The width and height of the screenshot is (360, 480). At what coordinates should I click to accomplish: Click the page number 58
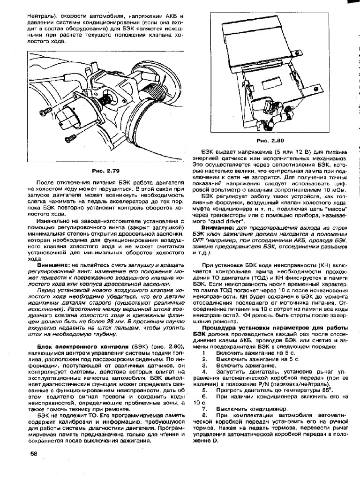pos(34,453)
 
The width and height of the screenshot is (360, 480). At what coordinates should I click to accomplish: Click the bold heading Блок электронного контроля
pos(74,346)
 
